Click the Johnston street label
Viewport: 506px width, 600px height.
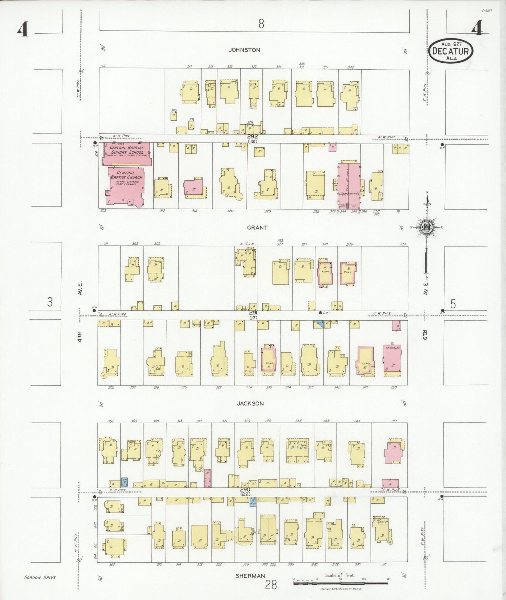point(244,50)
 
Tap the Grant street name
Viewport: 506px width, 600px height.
point(257,228)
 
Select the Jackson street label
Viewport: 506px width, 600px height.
point(250,404)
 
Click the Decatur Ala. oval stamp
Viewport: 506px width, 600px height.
point(451,51)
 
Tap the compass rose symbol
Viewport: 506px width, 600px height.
point(427,227)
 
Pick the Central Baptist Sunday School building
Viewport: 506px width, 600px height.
point(127,153)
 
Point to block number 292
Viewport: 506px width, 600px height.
point(252,137)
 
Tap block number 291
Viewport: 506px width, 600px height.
point(253,313)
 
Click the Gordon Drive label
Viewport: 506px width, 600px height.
point(40,578)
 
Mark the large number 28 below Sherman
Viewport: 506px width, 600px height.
point(271,585)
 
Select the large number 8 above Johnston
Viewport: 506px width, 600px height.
point(261,24)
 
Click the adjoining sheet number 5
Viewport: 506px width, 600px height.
point(453,304)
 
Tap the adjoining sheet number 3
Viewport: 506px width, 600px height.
point(50,302)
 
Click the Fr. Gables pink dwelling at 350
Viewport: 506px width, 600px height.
point(392,361)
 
